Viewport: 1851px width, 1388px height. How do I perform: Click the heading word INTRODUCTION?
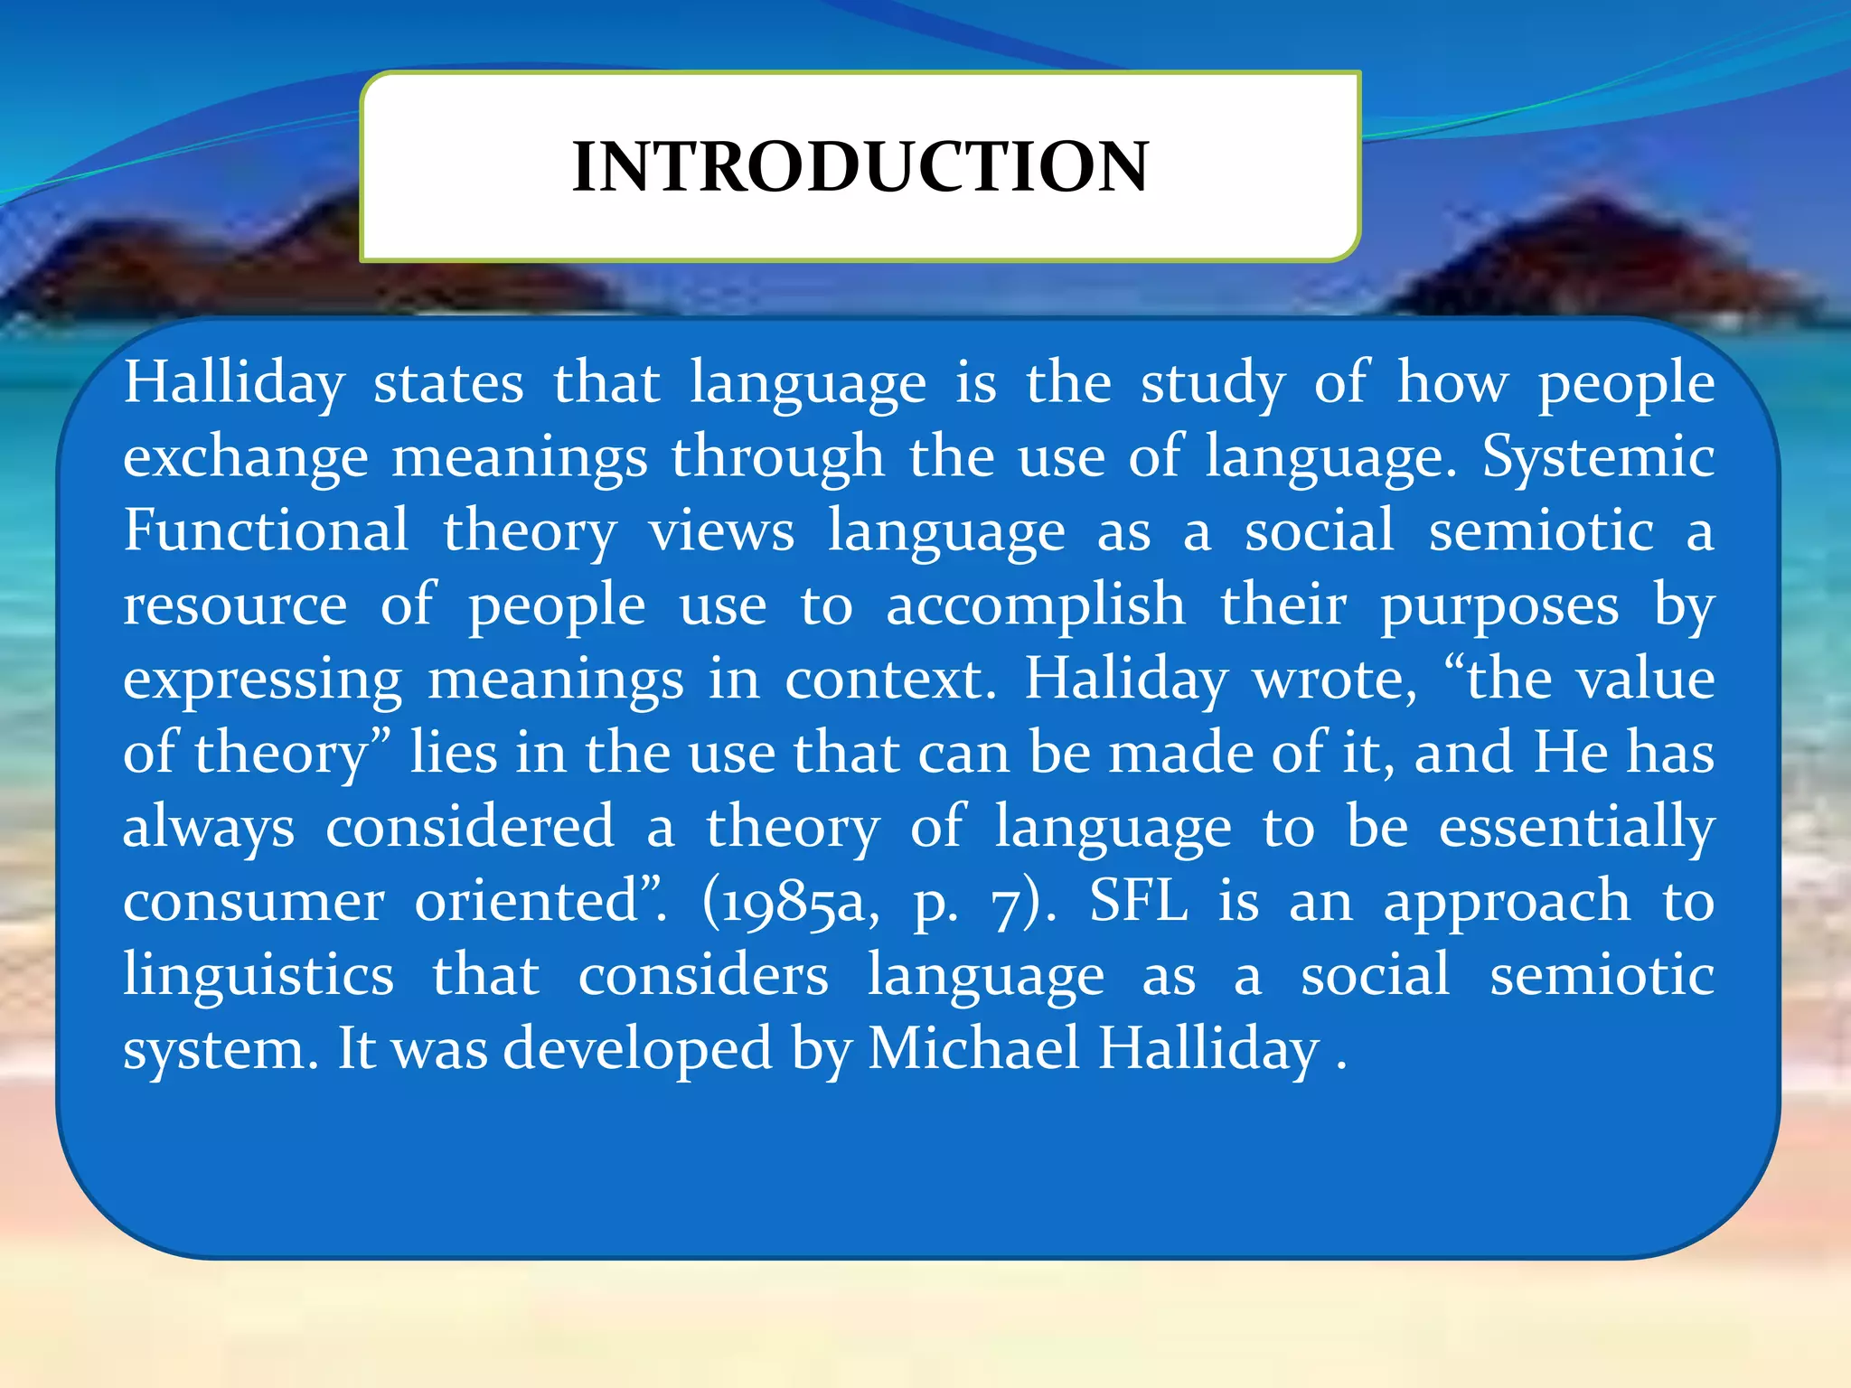860,167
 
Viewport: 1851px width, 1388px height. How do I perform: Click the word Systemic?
1598,456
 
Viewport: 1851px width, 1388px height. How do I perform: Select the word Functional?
267,530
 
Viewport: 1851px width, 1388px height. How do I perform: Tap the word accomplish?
1035,605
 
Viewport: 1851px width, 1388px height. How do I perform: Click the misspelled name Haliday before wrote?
1126,680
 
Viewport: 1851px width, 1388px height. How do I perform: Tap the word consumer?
254,902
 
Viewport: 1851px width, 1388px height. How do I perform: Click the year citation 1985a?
791,902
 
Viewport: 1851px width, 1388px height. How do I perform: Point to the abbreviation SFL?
1139,901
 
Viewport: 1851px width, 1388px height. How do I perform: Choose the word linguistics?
259,976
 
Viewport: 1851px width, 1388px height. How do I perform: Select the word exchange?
246,458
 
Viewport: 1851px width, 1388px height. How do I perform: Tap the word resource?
235,605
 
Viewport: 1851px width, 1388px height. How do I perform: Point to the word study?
1212,384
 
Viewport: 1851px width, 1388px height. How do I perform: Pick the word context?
889,680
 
